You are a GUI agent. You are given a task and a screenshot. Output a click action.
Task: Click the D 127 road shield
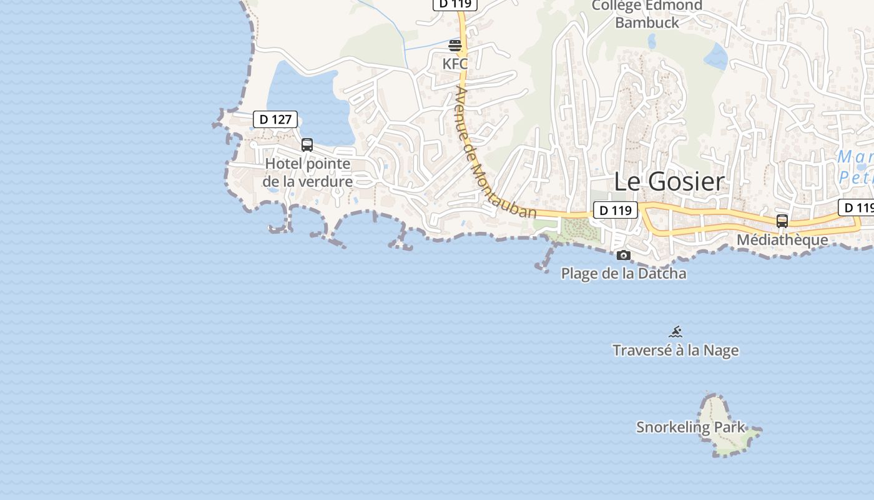pos(275,119)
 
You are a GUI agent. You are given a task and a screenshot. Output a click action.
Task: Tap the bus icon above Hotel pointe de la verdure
pos(307,145)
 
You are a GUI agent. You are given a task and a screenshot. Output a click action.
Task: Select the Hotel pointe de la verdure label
pos(308,172)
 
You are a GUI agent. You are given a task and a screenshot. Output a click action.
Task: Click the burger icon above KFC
pos(455,45)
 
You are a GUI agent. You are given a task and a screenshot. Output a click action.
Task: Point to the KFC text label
pos(455,64)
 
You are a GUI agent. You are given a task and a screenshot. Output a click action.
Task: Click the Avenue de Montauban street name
pos(496,154)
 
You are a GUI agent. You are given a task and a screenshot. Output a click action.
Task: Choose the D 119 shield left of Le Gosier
pos(615,211)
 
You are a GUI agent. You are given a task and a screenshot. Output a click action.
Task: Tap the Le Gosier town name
pos(669,181)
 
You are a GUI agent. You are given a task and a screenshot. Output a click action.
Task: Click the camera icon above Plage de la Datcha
pos(623,255)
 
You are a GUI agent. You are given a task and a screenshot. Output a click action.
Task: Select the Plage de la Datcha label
pos(624,273)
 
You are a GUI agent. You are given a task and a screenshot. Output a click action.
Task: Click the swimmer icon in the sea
pos(675,332)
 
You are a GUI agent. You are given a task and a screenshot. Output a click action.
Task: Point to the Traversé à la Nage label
pos(675,350)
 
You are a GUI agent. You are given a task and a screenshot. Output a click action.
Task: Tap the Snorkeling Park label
pos(690,427)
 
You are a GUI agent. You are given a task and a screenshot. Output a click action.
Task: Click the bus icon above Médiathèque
pos(782,221)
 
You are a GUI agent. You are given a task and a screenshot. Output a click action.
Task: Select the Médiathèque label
pos(782,239)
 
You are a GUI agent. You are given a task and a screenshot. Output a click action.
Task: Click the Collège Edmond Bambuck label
pos(647,14)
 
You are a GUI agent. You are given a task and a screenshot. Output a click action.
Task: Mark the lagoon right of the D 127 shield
pos(306,100)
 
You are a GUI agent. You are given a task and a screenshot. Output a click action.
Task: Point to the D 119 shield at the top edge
pos(455,3)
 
